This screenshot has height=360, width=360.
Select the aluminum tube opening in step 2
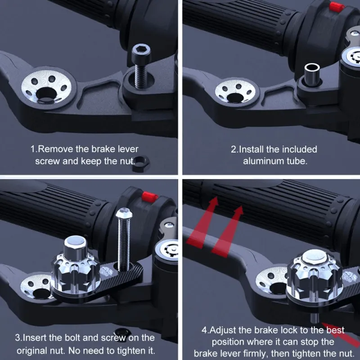tap(312, 68)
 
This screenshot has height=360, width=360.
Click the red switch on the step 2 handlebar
tap(337, 6)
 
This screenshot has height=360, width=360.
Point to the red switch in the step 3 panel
tap(150, 197)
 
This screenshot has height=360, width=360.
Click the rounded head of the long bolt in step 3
tap(124, 213)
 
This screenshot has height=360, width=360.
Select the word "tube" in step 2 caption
tap(297, 161)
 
